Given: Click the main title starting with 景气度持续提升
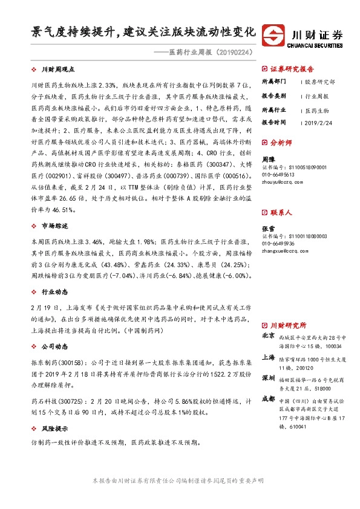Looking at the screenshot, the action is click(x=144, y=31).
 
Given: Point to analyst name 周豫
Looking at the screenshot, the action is click(x=268, y=158).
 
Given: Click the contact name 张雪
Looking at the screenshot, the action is click(x=268, y=229).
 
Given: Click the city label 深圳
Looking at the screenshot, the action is click(x=268, y=378).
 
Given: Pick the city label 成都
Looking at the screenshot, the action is click(x=268, y=399).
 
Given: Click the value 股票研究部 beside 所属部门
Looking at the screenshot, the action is click(x=320, y=81).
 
